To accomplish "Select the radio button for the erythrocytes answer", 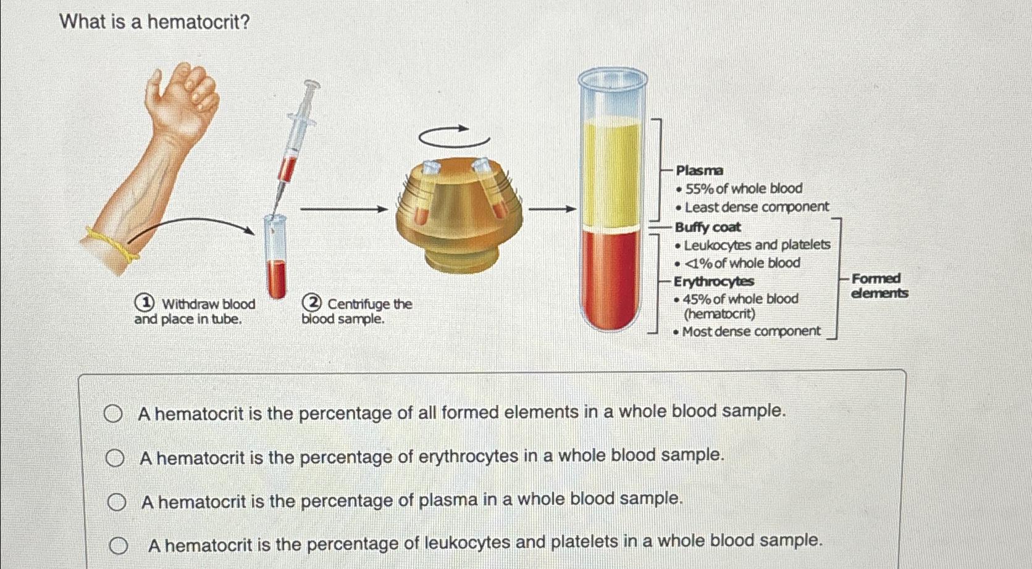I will coord(114,459).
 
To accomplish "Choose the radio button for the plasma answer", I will coord(116,503).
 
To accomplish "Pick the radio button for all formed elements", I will coord(112,414).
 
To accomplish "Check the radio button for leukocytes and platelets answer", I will coord(119,546).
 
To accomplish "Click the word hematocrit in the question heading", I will coord(198,22).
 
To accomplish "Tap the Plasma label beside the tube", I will coord(699,170).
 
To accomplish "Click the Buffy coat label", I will coord(708,227).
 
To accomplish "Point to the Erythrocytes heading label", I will coord(714,281).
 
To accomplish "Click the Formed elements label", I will coord(879,286).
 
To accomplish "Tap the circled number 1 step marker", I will coord(145,303).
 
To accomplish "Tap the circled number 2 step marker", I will coord(313,303).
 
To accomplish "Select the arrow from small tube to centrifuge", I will coord(343,210).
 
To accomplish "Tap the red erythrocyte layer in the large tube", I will coord(612,278).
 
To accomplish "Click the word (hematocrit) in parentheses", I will coord(719,314).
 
